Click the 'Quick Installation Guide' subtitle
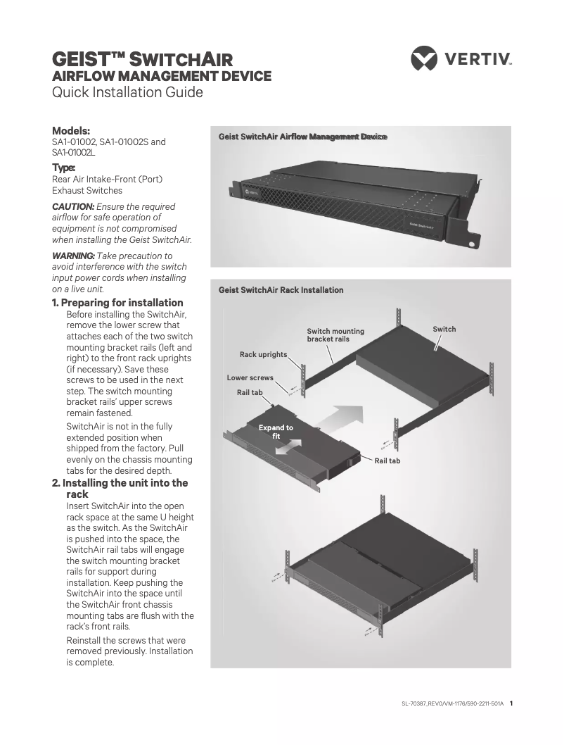click(128, 92)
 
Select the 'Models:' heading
click(71, 130)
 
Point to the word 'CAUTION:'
click(73, 206)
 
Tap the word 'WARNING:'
click(73, 256)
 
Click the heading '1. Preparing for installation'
click(117, 303)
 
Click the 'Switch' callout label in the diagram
click(444, 329)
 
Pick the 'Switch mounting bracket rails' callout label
click(335, 335)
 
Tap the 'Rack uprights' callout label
click(263, 354)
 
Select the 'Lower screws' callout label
click(250, 378)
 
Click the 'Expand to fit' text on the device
click(276, 432)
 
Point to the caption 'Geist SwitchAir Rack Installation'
click(281, 290)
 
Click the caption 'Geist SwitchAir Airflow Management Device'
click(302, 137)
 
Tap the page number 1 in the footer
click(511, 702)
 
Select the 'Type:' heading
click(64, 168)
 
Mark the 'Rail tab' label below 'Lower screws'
click(250, 392)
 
